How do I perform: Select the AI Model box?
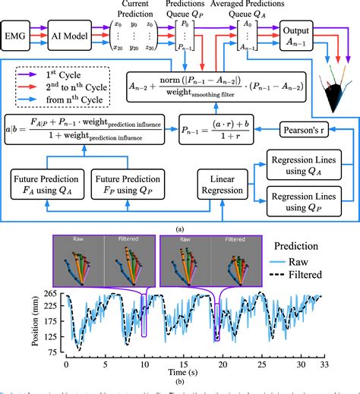click(71, 36)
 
